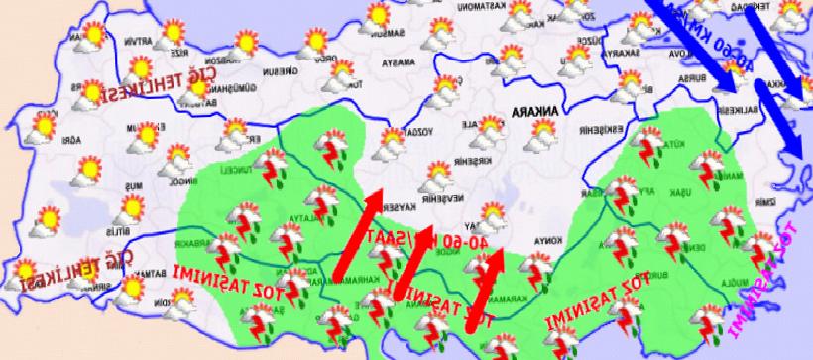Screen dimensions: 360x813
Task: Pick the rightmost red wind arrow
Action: pyautogui.click(x=485, y=289)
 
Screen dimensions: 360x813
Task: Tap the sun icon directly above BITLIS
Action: pyautogui.click(x=130, y=207)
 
